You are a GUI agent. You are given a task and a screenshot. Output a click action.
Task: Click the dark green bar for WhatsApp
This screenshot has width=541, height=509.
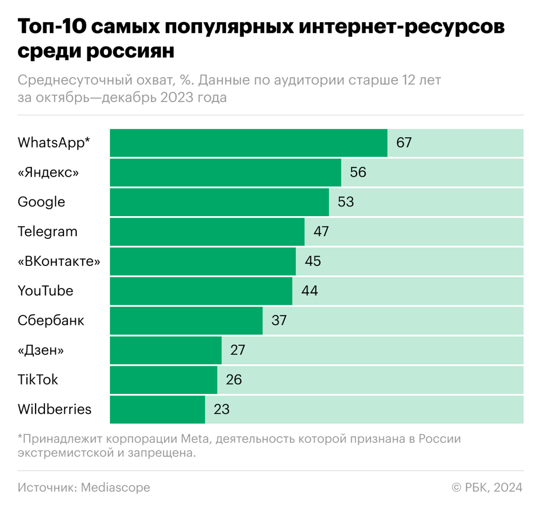[x=248, y=143]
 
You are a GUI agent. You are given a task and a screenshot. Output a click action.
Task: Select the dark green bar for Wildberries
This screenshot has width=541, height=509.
[x=157, y=410]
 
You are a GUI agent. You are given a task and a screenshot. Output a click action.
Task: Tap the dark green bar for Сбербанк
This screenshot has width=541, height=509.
[x=186, y=320]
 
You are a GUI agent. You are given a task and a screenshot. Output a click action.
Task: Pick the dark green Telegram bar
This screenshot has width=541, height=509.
[x=207, y=232]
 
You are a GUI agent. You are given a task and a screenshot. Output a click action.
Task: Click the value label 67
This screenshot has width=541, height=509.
[x=404, y=143]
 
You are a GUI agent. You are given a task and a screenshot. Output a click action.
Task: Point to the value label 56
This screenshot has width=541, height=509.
[x=358, y=173]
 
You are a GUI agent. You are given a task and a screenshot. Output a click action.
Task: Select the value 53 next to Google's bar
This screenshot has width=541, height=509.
[x=346, y=202]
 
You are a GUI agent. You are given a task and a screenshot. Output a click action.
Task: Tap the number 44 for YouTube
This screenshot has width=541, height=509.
[x=309, y=291]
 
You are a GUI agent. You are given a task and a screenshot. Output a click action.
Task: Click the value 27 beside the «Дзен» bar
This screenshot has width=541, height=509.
[x=238, y=350]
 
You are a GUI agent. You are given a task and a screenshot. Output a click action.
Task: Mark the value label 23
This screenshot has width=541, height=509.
[x=222, y=410]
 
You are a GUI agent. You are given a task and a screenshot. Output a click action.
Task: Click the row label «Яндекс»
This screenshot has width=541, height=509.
[x=48, y=173]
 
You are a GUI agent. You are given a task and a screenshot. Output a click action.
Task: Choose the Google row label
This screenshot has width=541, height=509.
[x=41, y=202]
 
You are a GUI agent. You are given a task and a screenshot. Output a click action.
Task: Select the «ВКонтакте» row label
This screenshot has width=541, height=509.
[x=59, y=262]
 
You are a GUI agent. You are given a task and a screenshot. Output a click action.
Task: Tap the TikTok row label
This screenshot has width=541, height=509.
[x=38, y=380]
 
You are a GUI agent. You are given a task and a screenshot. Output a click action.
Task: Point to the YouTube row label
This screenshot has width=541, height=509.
[x=45, y=291]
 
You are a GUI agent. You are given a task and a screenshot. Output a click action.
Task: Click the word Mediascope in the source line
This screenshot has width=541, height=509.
[x=115, y=487]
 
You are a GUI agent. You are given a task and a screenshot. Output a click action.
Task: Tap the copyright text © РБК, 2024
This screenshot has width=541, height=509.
[x=487, y=487]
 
